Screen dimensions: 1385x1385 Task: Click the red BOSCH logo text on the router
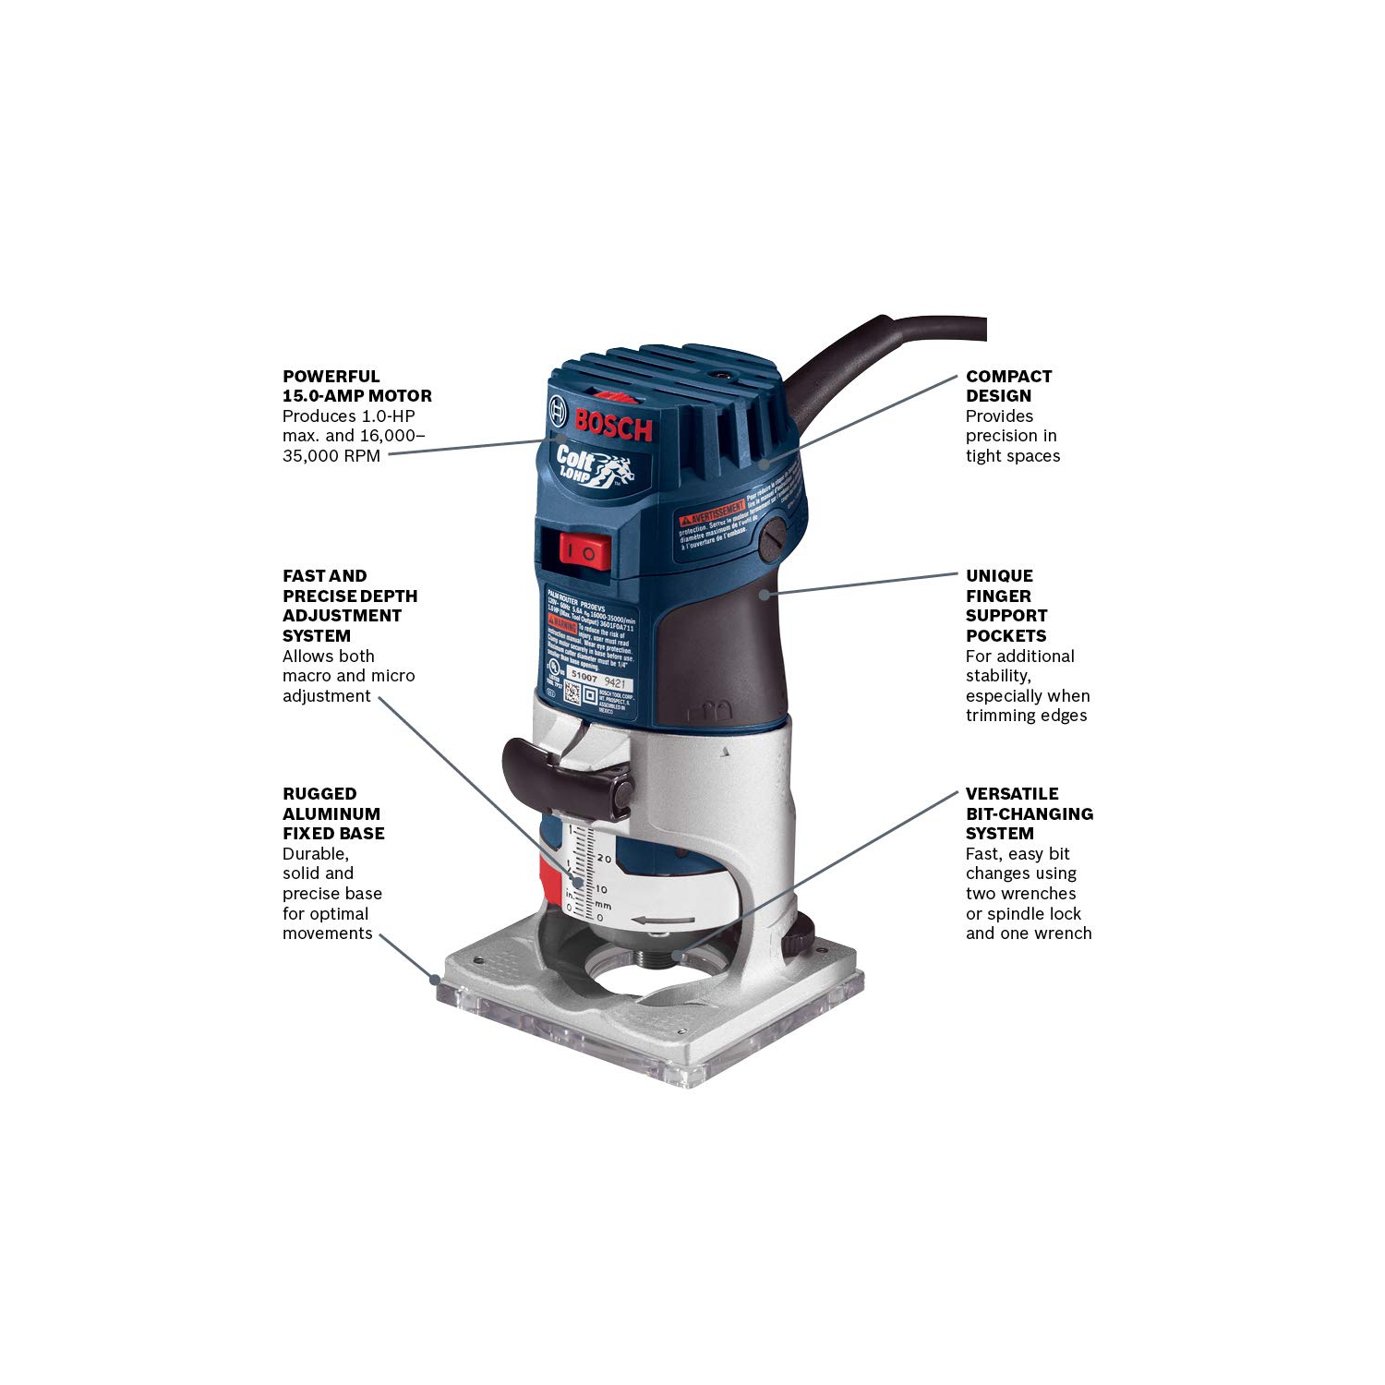click(613, 424)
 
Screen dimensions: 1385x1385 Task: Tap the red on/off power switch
click(584, 552)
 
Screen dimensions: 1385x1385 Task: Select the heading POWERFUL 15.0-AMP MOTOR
click(356, 386)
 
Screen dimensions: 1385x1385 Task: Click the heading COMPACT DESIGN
click(1008, 386)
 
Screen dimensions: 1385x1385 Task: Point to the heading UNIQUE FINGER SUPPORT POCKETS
click(1006, 606)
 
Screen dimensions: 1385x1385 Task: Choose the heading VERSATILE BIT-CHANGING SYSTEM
click(1029, 813)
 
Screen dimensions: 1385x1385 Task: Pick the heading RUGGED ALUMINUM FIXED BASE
click(332, 813)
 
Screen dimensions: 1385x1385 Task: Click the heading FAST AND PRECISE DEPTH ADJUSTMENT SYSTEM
click(349, 606)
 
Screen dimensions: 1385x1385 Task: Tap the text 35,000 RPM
click(331, 456)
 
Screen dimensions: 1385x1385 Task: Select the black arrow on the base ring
click(663, 921)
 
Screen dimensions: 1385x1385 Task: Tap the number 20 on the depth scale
click(604, 859)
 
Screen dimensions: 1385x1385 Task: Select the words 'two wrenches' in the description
click(1020, 894)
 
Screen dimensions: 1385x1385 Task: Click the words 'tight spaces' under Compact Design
click(1012, 456)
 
